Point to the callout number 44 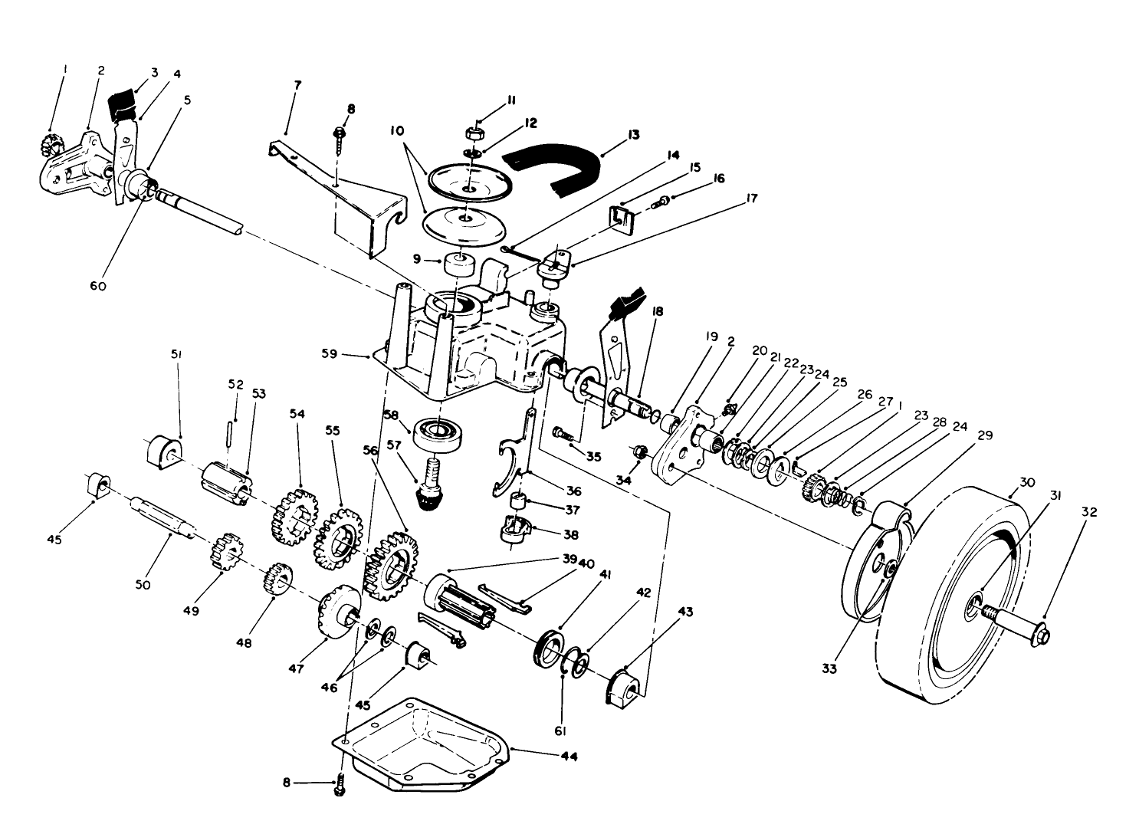(568, 756)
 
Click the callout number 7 (297, 85)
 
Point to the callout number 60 (97, 286)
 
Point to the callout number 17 (750, 199)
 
